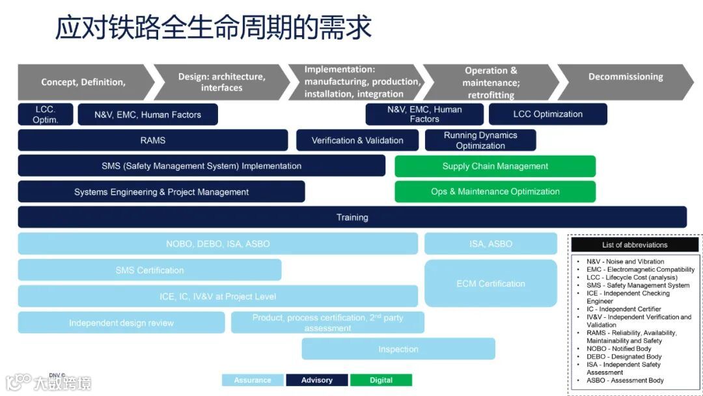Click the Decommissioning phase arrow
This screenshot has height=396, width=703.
pos(625,77)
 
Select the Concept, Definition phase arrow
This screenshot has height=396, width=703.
pos(83,82)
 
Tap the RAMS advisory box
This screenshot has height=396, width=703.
pos(153,140)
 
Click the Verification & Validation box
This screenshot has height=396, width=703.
pos(357,140)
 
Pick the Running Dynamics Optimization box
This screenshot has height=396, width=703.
pos(480,140)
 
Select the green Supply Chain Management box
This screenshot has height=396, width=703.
pos(495,166)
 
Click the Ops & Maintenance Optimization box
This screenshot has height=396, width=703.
pos(495,191)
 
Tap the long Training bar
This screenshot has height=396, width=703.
pos(352,217)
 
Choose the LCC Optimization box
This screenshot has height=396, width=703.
pos(547,114)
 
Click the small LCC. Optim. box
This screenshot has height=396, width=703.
pos(46,115)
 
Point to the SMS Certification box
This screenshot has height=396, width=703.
pos(150,270)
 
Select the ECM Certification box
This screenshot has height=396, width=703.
pos(491,283)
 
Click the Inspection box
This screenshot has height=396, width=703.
pos(398,349)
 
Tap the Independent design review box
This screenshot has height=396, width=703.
pos(121,322)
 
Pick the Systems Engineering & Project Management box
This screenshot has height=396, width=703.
pos(161,191)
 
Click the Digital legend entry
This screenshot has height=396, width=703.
pos(381,380)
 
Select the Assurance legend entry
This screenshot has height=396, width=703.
pos(253,380)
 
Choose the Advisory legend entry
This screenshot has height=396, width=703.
pos(317,380)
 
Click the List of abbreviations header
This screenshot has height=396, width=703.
pos(635,245)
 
